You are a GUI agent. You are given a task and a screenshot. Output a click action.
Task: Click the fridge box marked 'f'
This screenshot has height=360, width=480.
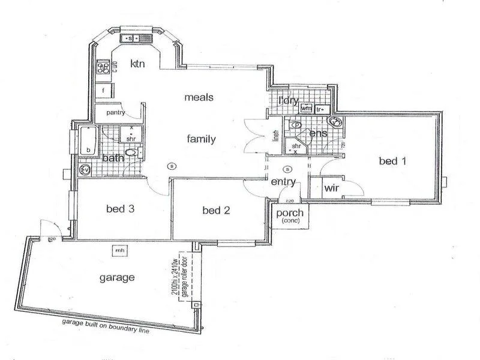(x=104, y=91)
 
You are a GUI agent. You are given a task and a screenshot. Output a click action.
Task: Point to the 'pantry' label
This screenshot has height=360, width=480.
(x=116, y=112)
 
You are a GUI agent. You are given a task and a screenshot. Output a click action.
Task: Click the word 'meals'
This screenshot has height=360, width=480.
(x=199, y=97)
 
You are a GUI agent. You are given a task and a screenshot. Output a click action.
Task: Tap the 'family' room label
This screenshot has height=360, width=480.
(x=200, y=139)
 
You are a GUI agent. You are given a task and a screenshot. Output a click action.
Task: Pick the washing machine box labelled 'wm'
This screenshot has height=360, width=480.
(x=306, y=109)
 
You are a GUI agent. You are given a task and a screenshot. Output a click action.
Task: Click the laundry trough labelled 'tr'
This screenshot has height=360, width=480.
(x=320, y=110)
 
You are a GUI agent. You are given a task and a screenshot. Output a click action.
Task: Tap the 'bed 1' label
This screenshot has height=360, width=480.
(x=393, y=161)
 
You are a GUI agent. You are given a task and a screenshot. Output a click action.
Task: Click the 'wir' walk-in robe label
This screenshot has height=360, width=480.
(x=332, y=188)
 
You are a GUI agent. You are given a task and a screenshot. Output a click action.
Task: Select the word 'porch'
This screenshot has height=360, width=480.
(x=290, y=214)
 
